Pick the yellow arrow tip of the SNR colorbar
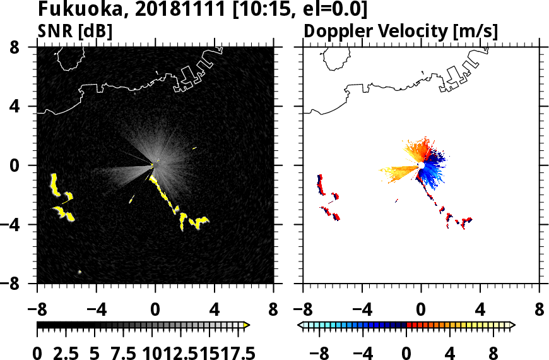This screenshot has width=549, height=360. click(x=247, y=325)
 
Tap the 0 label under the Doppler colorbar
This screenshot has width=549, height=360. click(x=407, y=352)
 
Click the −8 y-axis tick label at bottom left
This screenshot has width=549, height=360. click(x=19, y=284)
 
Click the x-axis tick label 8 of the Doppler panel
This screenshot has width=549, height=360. click(x=540, y=310)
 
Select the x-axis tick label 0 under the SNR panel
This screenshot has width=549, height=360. click(x=155, y=310)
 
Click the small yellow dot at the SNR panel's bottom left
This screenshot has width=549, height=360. click(x=80, y=272)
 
